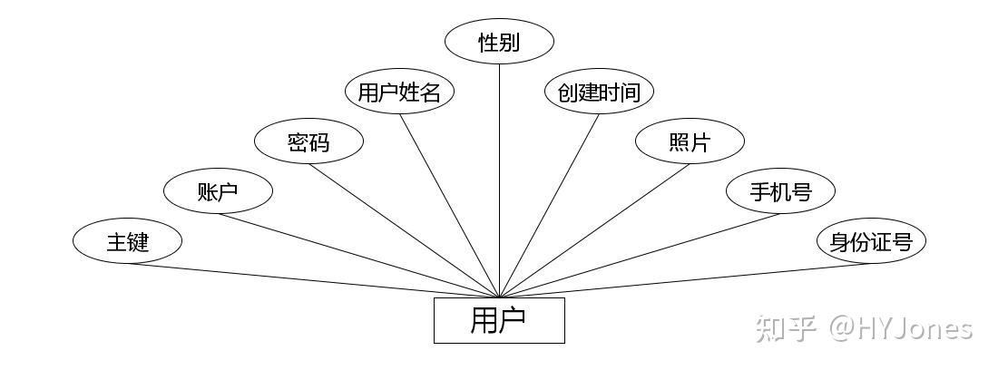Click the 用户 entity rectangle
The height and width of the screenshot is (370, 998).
499,320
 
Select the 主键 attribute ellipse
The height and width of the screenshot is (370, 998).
127,241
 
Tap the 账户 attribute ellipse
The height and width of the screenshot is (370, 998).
218,190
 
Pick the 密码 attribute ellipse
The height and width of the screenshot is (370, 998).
308,141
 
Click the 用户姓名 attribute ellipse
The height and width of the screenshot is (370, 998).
399,92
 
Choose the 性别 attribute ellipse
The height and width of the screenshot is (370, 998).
499,42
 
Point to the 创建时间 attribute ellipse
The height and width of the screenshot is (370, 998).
599,92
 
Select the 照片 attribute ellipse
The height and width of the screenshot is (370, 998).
690,141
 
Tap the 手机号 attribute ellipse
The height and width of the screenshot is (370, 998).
780,190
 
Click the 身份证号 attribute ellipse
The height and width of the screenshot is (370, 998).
871,241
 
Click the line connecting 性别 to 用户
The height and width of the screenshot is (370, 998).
500,181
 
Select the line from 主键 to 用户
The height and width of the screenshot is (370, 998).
313,280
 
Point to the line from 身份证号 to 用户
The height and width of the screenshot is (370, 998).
685,280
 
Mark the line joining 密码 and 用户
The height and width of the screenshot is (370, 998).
404,230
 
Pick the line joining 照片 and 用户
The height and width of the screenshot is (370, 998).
594,230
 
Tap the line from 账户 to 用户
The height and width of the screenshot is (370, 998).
358,255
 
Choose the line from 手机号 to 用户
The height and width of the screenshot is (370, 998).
640,255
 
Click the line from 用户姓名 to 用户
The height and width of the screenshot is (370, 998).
449,206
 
